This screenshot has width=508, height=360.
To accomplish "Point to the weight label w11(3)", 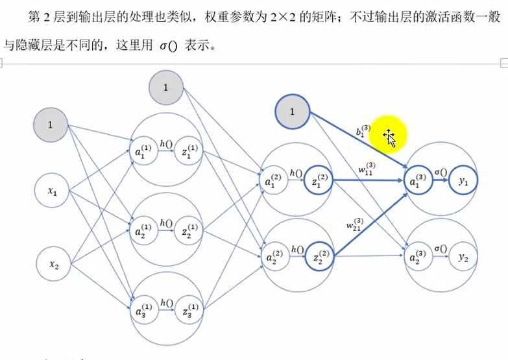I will pos(367,167).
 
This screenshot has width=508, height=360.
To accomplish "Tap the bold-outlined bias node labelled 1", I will pos(292,112).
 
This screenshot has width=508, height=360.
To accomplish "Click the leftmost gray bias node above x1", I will pos(51,124).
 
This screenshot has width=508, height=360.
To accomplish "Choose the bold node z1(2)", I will pos(319,183).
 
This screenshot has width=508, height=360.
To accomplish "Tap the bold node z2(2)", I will pos(319,258).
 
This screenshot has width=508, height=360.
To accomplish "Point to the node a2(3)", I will pos(419,257).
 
